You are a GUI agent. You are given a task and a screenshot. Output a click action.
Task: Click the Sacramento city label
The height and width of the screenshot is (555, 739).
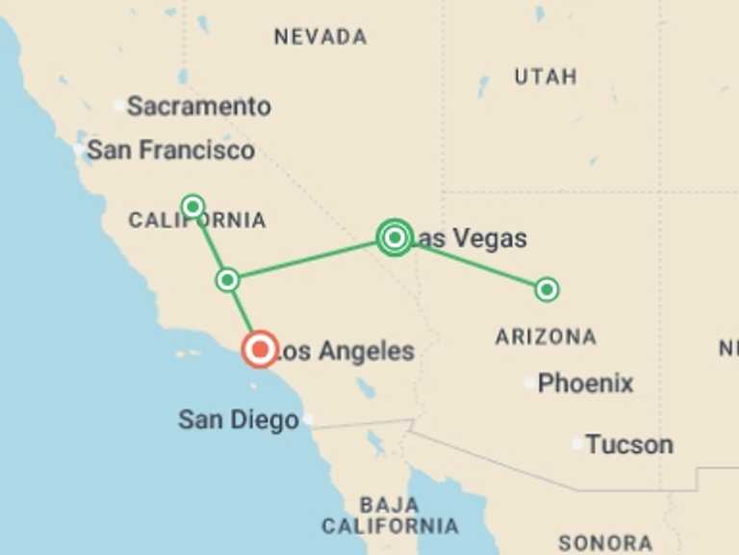[x=198, y=106]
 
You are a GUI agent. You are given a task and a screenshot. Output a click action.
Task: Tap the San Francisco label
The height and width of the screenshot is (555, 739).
[x=170, y=150]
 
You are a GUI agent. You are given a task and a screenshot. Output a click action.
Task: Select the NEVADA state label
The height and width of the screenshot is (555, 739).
[x=320, y=38]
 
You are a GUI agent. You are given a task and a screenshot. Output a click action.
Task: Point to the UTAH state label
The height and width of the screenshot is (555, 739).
[x=546, y=77]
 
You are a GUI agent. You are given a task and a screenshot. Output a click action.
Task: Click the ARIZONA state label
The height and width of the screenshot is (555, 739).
[x=546, y=337]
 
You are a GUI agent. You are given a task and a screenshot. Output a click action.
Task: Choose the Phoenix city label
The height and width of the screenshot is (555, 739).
[x=585, y=383]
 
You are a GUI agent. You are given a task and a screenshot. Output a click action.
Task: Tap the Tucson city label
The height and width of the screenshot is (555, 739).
[x=629, y=445]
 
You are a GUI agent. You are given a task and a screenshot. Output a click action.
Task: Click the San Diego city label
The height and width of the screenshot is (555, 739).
[x=238, y=420]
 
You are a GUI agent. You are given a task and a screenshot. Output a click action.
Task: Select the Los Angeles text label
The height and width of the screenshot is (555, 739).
[x=344, y=352]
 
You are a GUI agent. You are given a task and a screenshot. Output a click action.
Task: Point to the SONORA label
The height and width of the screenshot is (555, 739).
[x=605, y=543]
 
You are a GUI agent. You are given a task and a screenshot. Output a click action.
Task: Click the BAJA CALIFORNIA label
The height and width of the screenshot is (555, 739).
[x=390, y=515]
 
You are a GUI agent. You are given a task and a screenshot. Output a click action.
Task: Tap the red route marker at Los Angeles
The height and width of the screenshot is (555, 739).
[x=260, y=349]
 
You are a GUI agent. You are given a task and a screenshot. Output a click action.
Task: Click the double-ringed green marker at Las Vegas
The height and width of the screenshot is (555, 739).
[x=395, y=236]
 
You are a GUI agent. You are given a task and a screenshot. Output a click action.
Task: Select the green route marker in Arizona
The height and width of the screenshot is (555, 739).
[x=547, y=289]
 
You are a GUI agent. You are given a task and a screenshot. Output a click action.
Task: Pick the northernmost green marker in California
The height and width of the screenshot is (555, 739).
[x=192, y=206]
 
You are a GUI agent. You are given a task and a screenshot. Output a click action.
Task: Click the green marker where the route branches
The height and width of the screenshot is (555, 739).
[x=227, y=280]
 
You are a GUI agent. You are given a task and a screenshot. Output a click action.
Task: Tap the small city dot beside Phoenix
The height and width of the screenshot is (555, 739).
[x=529, y=383]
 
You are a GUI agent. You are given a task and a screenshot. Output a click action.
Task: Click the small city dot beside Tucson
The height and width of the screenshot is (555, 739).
[x=577, y=444]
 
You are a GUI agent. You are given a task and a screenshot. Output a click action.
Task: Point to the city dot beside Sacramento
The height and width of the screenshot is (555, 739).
[x=119, y=105]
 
